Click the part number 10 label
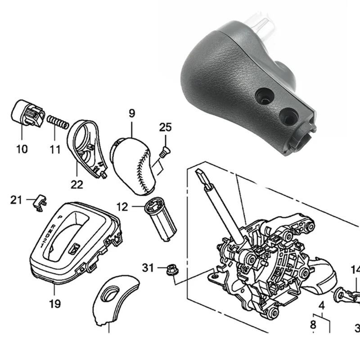coord(22,148)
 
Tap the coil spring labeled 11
coord(57,122)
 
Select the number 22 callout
coord(77,184)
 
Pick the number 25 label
coord(165,127)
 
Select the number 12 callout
coord(122,207)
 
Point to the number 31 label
coord(148,268)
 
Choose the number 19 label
coord(55,304)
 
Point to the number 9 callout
coord(132,114)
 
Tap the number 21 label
coord(16,200)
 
